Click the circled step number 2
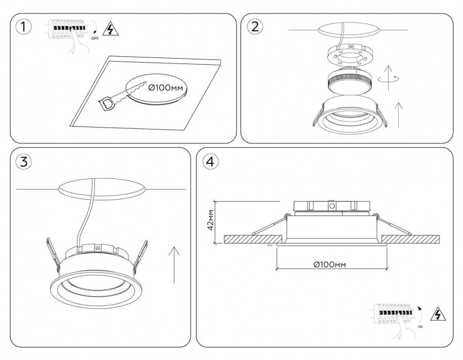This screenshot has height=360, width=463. coord(254,27)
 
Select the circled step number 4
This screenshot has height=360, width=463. coord(210,162)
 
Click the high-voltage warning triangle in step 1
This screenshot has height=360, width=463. coord(112,30)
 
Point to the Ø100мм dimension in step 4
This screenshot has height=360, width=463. coord(330,265)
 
